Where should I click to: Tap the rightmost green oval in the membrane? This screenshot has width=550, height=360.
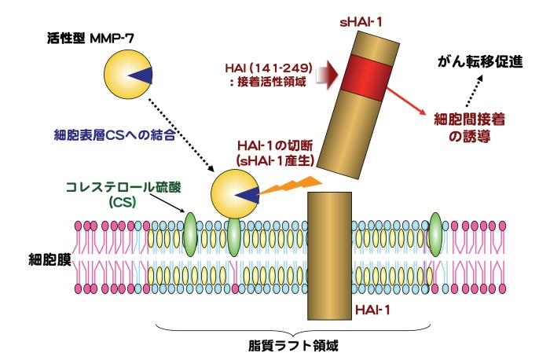[x=435, y=233]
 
